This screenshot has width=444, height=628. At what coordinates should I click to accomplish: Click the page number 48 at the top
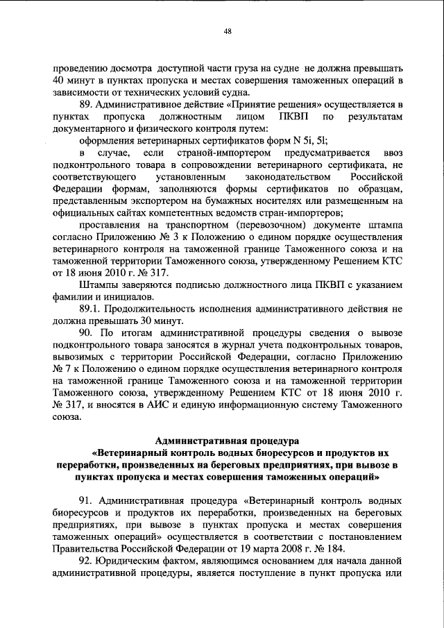[227, 30]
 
